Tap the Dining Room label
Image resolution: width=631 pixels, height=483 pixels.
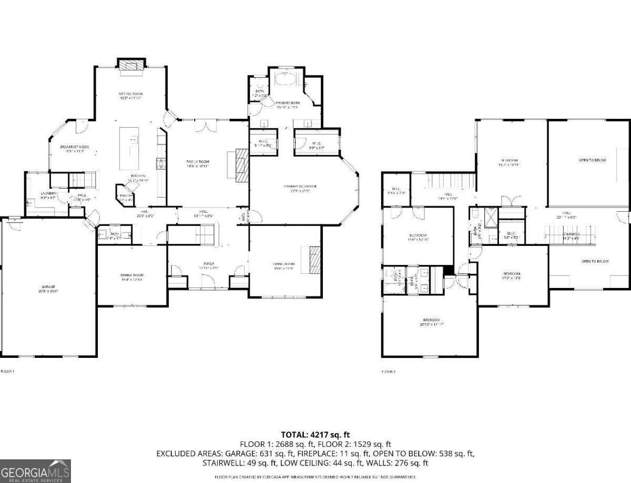pyautogui.click(x=132, y=275)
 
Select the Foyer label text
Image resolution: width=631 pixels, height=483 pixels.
pyautogui.click(x=209, y=264)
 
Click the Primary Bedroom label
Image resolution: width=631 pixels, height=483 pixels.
pyautogui.click(x=300, y=186)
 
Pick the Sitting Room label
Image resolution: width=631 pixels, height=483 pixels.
pyautogui.click(x=130, y=94)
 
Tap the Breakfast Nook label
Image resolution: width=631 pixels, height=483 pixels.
pyautogui.click(x=72, y=147)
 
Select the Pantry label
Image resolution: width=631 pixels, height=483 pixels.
pyautogui.click(x=126, y=196)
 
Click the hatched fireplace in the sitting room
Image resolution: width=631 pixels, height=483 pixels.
pyautogui.click(x=130, y=65)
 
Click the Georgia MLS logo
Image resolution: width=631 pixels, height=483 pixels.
pyautogui.click(x=35, y=470)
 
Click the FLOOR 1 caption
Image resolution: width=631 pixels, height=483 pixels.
pyautogui.click(x=7, y=372)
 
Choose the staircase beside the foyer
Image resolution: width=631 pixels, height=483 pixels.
pyautogui.click(x=206, y=234)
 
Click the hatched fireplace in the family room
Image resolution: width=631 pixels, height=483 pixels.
pyautogui.click(x=241, y=165)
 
